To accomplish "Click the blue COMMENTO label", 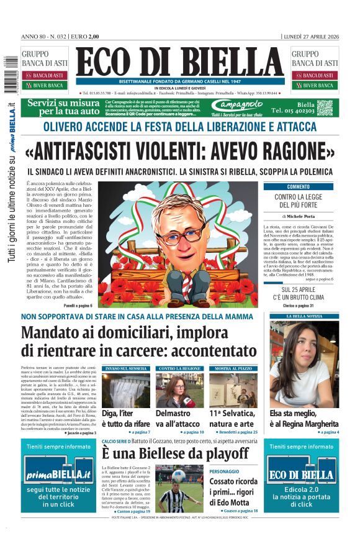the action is coord(298,186).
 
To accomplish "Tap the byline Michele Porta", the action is coord(301,216).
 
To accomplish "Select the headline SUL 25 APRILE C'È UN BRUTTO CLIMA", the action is coord(299,294).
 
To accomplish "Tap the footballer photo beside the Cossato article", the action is coord(179,488).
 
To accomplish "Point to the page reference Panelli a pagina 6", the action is coord(78,306).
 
